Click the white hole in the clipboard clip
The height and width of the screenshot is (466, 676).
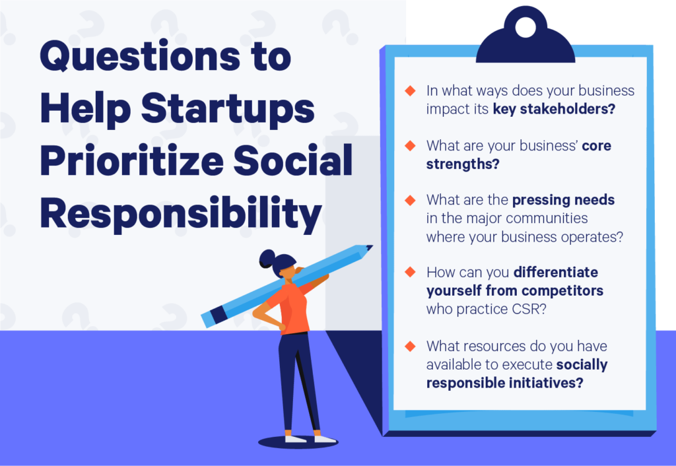pyautogui.click(x=525, y=27)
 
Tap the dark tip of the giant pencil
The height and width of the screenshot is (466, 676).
pyautogui.click(x=367, y=249)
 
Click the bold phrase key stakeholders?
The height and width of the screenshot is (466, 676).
pyautogui.click(x=554, y=108)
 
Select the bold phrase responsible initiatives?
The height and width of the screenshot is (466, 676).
pyautogui.click(x=504, y=382)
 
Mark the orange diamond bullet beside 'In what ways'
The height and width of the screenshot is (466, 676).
pyautogui.click(x=411, y=90)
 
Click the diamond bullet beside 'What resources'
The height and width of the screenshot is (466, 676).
pyautogui.click(x=411, y=345)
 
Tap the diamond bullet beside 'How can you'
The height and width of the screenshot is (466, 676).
pyautogui.click(x=411, y=272)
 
